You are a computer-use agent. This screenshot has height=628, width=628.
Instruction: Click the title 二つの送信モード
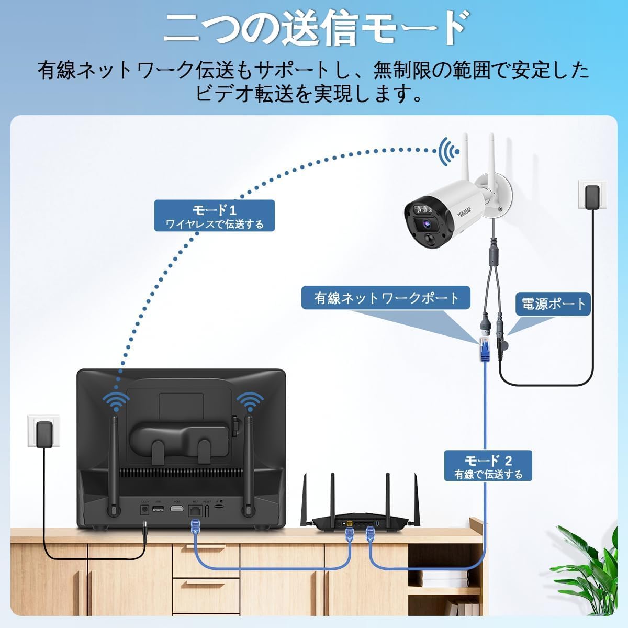314,29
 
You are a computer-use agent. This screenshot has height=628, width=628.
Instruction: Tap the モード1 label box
215,216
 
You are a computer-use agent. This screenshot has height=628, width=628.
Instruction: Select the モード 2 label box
488,466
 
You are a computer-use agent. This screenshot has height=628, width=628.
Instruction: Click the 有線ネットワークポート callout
386,298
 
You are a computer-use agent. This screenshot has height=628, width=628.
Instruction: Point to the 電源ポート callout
553,304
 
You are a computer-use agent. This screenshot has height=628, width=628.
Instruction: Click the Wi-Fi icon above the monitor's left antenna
116,400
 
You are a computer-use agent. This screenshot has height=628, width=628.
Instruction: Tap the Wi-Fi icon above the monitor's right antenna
250,400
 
